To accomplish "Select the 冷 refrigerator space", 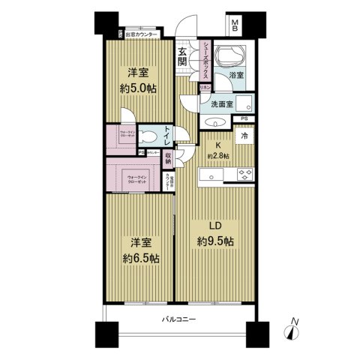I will point(243,136).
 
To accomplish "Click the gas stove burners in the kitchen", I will point(244,175).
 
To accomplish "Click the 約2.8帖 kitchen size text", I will point(220,155).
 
